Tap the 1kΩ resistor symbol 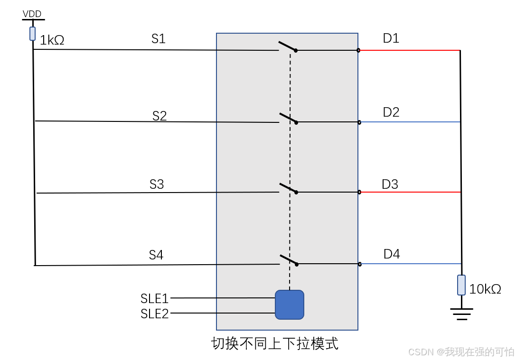click(33, 33)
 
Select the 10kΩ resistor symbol click(461, 285)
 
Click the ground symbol click(461, 314)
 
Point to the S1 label click(159, 39)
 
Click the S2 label click(159, 116)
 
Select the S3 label click(157, 185)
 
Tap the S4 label click(156, 255)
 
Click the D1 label click(391, 38)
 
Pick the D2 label click(391, 112)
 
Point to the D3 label click(390, 184)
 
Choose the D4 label click(392, 254)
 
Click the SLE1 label click(155, 298)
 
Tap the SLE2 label click(155, 314)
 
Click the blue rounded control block click(290, 305)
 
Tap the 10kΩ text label click(485, 289)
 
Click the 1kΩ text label click(52, 41)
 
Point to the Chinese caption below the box click(275, 343)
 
